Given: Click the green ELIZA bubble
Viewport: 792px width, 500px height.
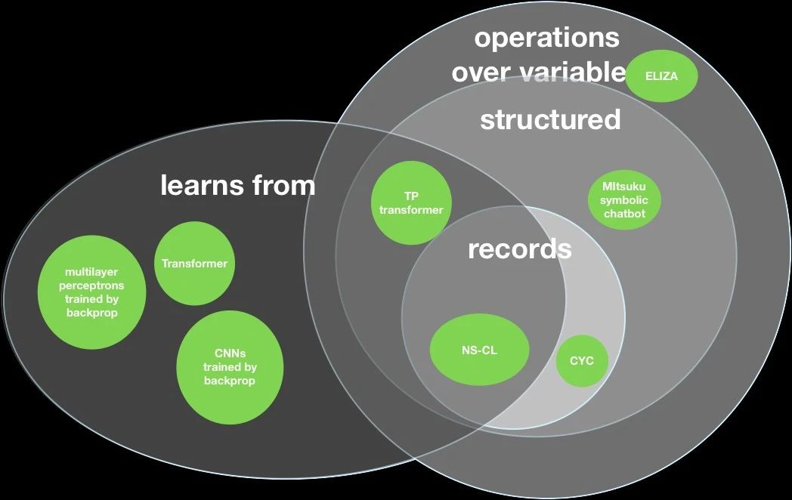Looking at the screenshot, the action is [x=662, y=76].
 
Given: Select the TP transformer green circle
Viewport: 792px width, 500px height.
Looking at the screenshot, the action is [x=411, y=203].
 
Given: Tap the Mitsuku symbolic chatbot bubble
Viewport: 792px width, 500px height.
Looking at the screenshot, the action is [x=624, y=200].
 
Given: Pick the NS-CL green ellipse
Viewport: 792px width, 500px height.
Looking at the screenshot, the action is [x=479, y=350].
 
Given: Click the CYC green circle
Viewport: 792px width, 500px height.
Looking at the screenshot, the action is [x=582, y=360].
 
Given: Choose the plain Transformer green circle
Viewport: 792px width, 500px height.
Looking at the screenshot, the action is [x=194, y=263].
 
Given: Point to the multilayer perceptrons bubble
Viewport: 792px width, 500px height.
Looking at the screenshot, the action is [x=92, y=292].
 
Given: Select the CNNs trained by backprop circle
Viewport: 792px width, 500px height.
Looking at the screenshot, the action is [x=230, y=367].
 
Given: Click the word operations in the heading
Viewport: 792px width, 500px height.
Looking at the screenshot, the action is [x=546, y=39].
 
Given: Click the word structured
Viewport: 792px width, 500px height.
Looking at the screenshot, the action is [x=550, y=120].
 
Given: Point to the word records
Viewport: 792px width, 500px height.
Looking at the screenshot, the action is [x=520, y=249].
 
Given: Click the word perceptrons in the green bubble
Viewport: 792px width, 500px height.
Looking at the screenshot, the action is [x=91, y=285].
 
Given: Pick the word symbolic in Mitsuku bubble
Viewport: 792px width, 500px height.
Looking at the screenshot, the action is [x=624, y=200].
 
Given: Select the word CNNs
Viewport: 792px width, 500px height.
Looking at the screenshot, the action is [x=230, y=353].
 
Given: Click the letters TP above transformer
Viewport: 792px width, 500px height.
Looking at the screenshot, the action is [x=411, y=196].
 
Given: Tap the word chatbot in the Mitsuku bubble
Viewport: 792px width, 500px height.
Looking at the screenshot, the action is [x=625, y=214].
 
